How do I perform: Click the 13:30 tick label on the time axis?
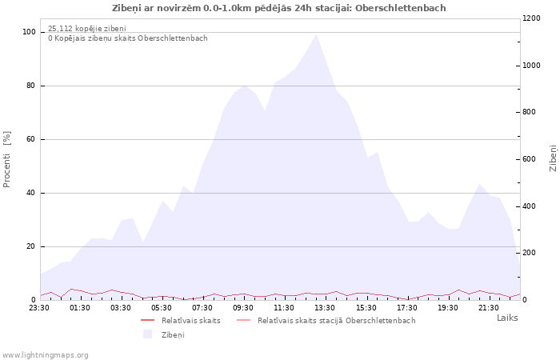(325, 308)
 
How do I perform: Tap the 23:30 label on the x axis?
(39, 308)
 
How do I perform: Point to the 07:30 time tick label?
(202, 308)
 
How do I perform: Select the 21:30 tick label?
(489, 308)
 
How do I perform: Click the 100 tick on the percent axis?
(30, 32)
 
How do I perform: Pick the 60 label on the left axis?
(31, 139)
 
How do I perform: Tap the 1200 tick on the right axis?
(531, 18)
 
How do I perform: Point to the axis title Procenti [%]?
(6, 159)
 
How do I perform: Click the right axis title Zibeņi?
(553, 158)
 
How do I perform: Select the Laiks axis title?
(507, 318)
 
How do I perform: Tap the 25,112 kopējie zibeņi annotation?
(87, 29)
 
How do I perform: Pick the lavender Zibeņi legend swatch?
(147, 334)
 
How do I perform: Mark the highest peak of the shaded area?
(316, 34)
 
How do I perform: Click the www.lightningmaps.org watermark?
(45, 355)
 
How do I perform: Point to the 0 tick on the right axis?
(524, 300)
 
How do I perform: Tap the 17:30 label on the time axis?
(406, 308)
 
